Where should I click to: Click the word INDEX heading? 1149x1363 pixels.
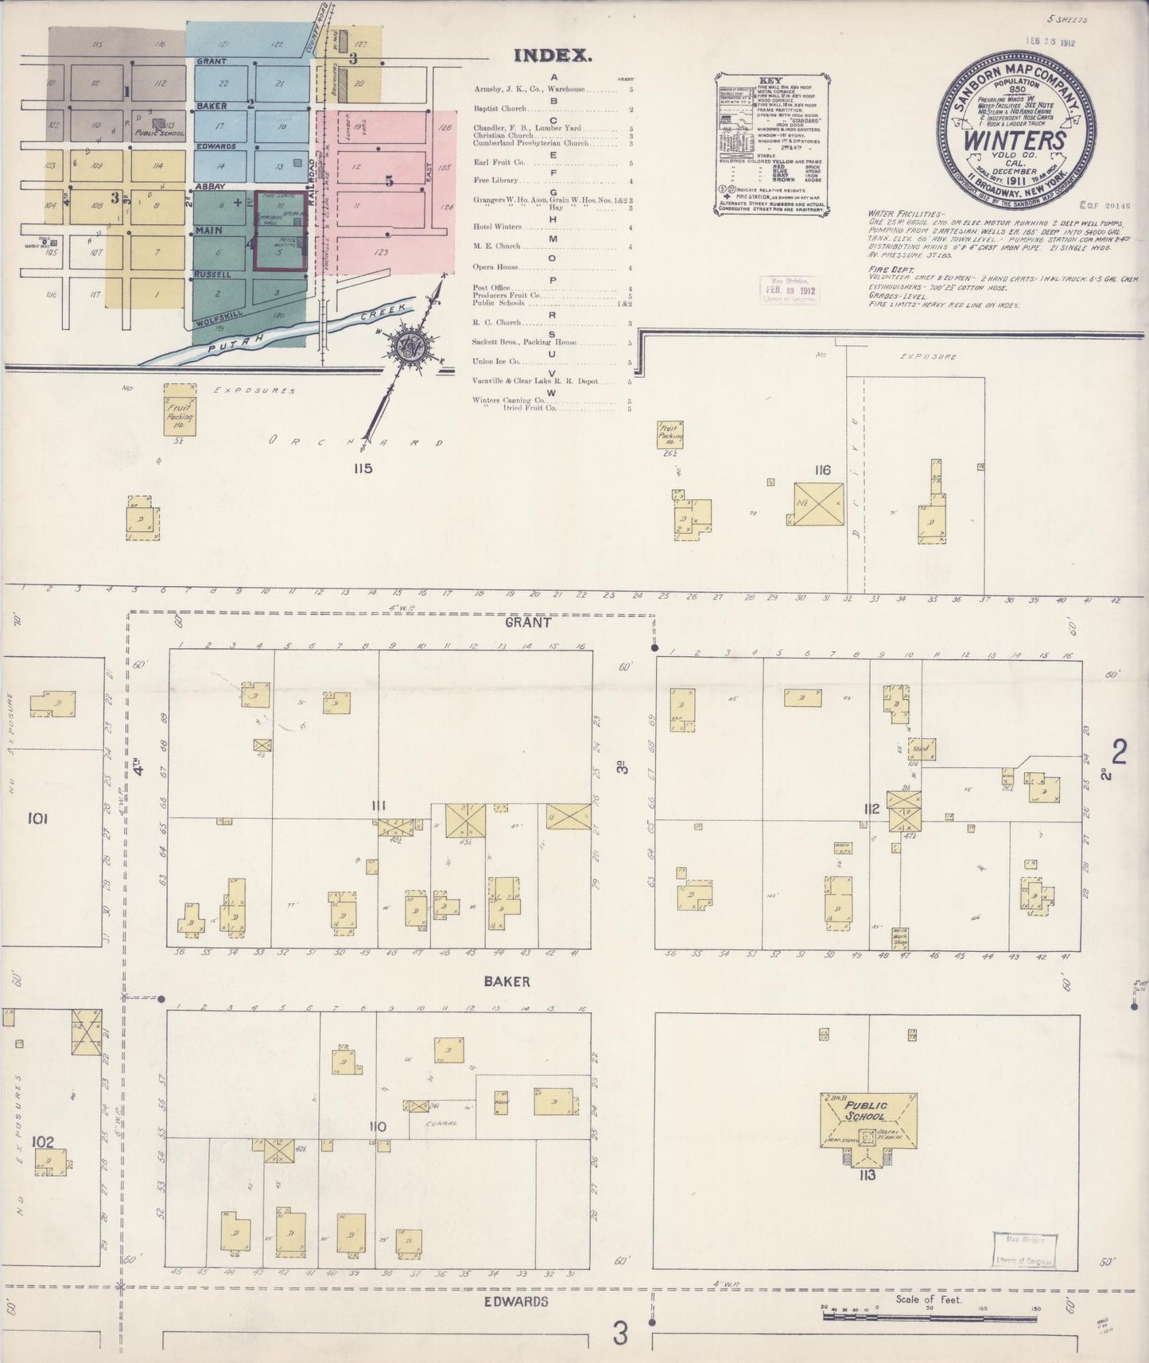tap(553, 56)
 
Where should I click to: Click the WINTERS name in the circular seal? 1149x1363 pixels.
tap(1015, 140)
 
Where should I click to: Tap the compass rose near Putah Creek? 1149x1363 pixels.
tap(412, 348)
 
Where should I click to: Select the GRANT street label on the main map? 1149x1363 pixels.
tap(528, 623)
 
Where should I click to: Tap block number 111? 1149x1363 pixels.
tap(378, 806)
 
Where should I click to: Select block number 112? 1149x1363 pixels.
tap(871, 810)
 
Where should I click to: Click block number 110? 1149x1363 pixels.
tap(377, 1127)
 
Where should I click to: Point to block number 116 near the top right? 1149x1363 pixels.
tap(821, 470)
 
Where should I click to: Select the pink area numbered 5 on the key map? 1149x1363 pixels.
tap(388, 181)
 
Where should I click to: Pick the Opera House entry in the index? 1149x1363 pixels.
tap(495, 267)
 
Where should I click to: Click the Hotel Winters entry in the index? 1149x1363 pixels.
tap(497, 227)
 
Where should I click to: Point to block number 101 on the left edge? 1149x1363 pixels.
tap(37, 817)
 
